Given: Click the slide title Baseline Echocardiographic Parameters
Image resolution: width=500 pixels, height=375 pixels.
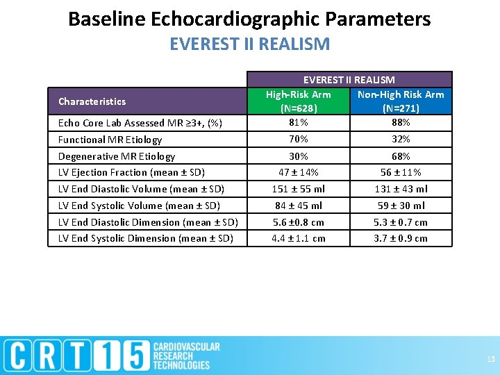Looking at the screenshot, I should click(x=249, y=19).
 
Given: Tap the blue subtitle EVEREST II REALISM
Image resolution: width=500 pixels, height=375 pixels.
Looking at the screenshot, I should click(x=249, y=44).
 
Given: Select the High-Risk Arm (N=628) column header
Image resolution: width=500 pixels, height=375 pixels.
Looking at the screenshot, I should click(x=298, y=101).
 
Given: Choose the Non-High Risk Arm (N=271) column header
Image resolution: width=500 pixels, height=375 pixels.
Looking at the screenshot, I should click(x=401, y=101).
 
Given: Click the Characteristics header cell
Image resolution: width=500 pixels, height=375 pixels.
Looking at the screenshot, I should click(x=92, y=101).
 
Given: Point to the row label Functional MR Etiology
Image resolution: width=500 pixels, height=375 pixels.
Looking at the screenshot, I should click(x=110, y=140).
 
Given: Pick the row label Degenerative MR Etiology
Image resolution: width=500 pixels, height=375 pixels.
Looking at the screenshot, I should click(x=117, y=156).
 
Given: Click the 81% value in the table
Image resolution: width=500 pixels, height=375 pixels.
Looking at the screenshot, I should click(x=298, y=122).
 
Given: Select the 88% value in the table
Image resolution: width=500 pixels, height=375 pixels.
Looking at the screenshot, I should click(x=401, y=122).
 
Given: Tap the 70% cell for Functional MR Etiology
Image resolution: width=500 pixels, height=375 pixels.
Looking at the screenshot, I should click(x=298, y=140).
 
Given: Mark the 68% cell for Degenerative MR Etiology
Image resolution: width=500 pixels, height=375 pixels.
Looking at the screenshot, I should click(x=401, y=156).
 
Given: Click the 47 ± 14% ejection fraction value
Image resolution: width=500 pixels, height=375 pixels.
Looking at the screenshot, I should click(x=298, y=172).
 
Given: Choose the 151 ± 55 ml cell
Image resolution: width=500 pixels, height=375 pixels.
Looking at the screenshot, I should click(x=298, y=189).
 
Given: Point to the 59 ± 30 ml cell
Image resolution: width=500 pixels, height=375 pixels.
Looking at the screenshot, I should click(x=401, y=206).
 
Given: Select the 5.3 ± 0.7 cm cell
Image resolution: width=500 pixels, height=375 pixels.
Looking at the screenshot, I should click(x=401, y=222).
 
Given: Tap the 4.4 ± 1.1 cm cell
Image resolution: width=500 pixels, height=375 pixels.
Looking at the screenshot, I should click(x=298, y=238).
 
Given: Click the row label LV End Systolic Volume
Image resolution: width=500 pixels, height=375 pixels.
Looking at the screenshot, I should click(x=139, y=206).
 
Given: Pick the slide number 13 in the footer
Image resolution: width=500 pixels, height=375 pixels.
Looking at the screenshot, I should click(x=491, y=359).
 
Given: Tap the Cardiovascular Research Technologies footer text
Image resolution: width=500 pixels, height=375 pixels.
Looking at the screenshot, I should click(x=185, y=356).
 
